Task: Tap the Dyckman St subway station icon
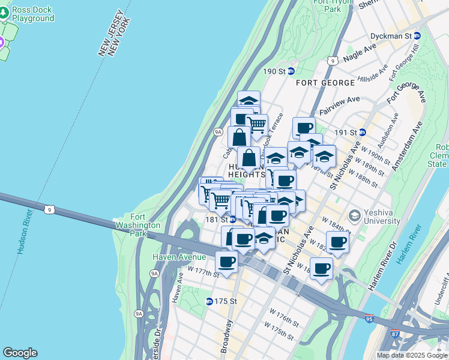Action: point(417,36)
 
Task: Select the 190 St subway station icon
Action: point(291,71)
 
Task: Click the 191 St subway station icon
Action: point(363,132)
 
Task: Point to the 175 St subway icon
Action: point(209,301)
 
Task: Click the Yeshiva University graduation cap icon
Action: point(354,215)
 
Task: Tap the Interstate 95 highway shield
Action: point(369,319)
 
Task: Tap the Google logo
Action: point(20,353)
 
